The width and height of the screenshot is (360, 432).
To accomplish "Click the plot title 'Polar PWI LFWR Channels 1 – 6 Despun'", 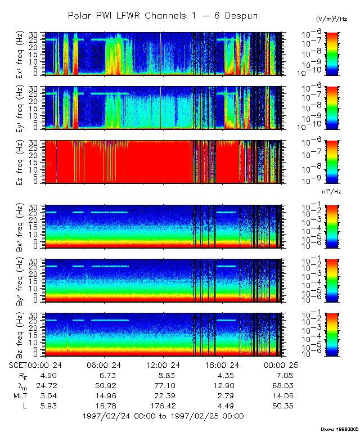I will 163,16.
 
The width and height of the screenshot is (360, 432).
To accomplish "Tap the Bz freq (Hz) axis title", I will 8,335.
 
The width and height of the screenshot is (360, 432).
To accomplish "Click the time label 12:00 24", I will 163,365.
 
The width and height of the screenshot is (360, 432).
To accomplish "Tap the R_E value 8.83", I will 163,375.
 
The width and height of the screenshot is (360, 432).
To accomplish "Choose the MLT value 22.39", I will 163,395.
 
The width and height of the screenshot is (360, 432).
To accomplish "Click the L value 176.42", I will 163,406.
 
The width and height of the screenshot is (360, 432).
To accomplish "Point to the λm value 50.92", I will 105,385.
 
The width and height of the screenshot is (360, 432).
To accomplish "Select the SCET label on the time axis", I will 19,365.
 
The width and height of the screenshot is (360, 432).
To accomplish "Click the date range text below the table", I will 163,416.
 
